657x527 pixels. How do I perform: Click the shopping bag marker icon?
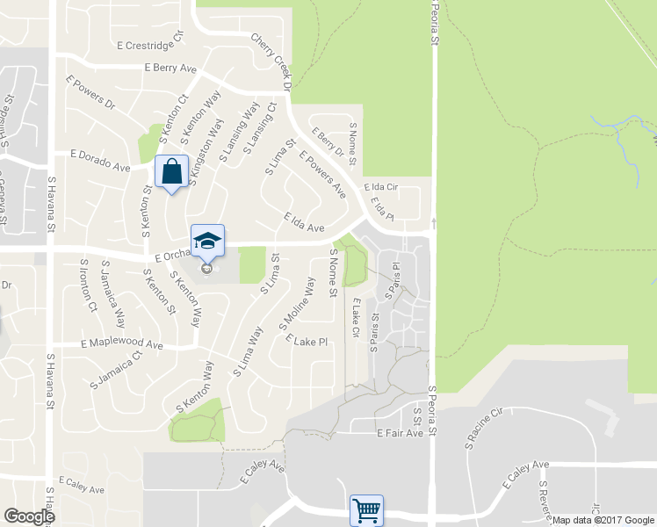coord(171,171)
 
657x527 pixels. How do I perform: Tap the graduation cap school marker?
coord(208,241)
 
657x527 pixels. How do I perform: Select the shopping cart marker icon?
coord(366,509)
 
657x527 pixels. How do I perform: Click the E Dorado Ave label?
coord(100,160)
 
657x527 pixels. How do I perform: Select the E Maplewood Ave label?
coord(122,345)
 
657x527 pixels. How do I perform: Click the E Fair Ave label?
coord(400,433)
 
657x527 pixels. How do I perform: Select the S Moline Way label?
coord(297,304)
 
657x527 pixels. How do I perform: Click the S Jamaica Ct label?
coord(116,370)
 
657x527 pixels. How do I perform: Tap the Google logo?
coord(29,516)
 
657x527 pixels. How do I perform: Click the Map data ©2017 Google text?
coord(603,520)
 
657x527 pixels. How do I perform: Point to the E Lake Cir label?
coord(356,319)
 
